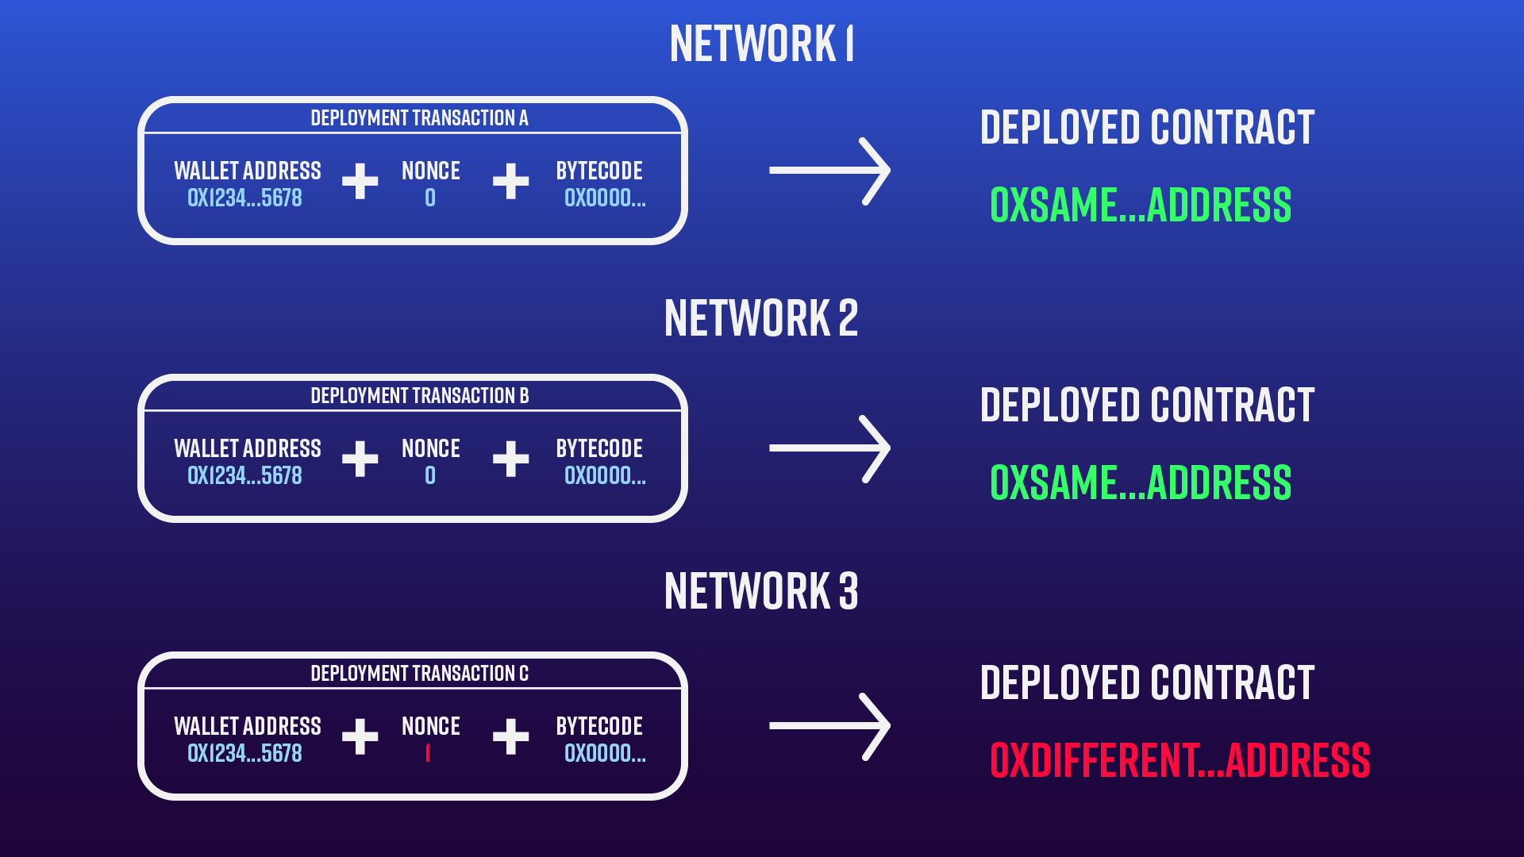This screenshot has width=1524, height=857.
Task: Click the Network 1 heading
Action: tap(761, 44)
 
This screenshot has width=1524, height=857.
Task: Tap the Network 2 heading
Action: tap(761, 318)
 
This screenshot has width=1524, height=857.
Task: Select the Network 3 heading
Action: tap(761, 591)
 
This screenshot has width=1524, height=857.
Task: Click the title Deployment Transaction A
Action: tap(419, 118)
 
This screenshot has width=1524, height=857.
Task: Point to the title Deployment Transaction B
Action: tap(419, 396)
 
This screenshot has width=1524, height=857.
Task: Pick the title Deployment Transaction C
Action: tap(419, 674)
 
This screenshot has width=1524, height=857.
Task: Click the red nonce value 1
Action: tap(428, 753)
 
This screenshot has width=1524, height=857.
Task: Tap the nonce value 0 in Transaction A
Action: tap(430, 198)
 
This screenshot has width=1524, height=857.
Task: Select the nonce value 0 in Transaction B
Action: tap(430, 475)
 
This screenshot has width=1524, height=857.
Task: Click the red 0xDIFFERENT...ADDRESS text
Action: tap(1180, 760)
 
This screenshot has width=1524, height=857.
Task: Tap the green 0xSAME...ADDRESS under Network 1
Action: tap(1141, 205)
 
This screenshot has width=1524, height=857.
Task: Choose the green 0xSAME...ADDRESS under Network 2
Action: tap(1141, 482)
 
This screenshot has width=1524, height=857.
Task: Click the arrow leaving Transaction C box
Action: tap(829, 726)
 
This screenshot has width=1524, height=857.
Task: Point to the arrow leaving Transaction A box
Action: tap(829, 171)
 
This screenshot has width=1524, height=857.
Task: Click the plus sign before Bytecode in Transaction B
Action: tap(510, 459)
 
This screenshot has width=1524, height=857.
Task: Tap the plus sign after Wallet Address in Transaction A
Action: tap(360, 181)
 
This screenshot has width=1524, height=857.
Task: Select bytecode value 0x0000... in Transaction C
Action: tap(605, 753)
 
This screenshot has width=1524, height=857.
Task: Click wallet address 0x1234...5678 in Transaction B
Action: tap(244, 475)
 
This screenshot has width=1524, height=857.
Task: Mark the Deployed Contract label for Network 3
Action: tap(1147, 683)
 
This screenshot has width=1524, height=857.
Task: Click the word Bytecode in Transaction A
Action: tap(599, 171)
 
